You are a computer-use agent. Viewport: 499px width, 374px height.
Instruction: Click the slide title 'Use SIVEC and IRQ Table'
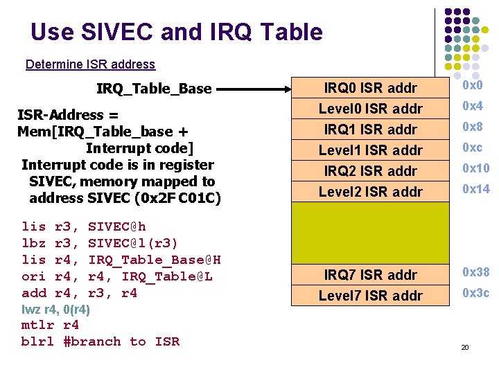tap(177, 32)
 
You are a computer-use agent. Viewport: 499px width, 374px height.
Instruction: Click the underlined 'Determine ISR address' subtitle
tap(90, 64)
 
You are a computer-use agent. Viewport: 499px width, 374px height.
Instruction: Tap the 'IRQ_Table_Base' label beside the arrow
tap(154, 89)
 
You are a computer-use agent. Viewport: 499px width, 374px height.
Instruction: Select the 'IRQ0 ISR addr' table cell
tap(371, 88)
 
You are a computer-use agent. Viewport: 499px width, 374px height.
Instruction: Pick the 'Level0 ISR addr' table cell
tap(371, 109)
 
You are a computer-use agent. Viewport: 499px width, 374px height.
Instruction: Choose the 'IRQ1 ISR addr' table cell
tap(371, 130)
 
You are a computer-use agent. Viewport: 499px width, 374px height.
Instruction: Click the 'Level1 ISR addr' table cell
tap(371, 150)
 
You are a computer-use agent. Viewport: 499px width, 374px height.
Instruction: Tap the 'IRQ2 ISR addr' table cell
tap(371, 171)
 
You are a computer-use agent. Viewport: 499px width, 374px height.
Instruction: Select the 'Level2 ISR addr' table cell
tap(371, 192)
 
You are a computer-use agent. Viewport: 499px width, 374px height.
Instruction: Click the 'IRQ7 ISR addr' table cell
tap(371, 275)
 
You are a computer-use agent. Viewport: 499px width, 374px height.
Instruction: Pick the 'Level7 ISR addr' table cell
tap(371, 296)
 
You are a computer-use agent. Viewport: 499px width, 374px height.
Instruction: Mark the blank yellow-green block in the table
tap(371, 233)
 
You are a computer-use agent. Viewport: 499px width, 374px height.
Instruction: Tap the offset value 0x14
tap(475, 189)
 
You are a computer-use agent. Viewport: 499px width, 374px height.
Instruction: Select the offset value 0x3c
tap(475, 293)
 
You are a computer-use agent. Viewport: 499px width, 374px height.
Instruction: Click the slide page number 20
tap(464, 346)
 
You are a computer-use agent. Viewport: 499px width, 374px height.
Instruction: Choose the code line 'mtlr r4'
tap(51, 325)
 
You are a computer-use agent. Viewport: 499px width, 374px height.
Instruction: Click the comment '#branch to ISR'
tap(121, 341)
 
